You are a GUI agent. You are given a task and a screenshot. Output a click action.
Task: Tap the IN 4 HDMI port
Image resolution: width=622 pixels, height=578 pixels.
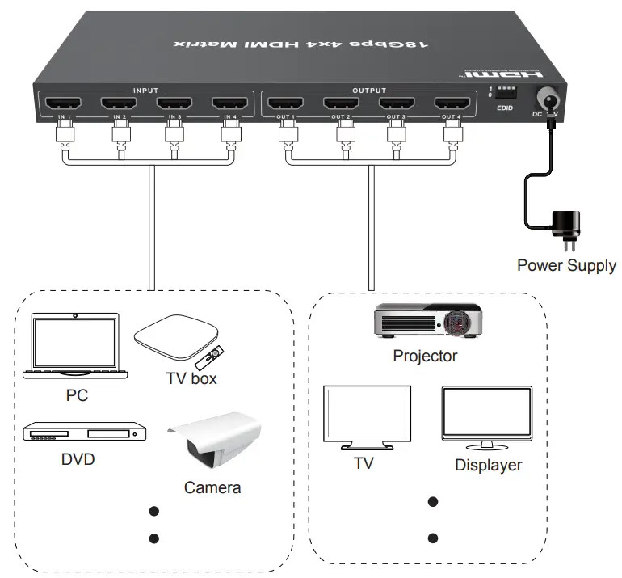(x=230, y=103)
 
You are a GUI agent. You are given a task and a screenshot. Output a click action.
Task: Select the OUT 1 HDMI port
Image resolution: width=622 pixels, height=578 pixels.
(x=285, y=103)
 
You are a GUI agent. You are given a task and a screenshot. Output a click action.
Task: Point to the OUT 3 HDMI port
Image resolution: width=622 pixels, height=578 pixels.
(x=396, y=103)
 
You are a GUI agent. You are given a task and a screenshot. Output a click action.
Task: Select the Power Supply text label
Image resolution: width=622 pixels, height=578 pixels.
(x=566, y=265)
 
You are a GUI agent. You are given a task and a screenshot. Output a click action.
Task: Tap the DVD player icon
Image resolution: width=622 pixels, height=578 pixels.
(x=83, y=434)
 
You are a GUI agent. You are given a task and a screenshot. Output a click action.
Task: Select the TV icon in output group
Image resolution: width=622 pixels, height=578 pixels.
(x=367, y=416)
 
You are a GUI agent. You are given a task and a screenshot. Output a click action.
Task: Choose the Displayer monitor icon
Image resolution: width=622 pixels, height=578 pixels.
(x=487, y=416)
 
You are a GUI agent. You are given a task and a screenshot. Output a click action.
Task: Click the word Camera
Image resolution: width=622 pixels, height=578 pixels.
(x=212, y=487)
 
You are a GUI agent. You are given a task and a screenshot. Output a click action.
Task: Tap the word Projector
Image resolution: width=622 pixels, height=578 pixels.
(x=425, y=356)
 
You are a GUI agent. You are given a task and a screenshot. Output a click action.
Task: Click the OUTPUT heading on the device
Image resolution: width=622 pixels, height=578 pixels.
(x=370, y=91)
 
